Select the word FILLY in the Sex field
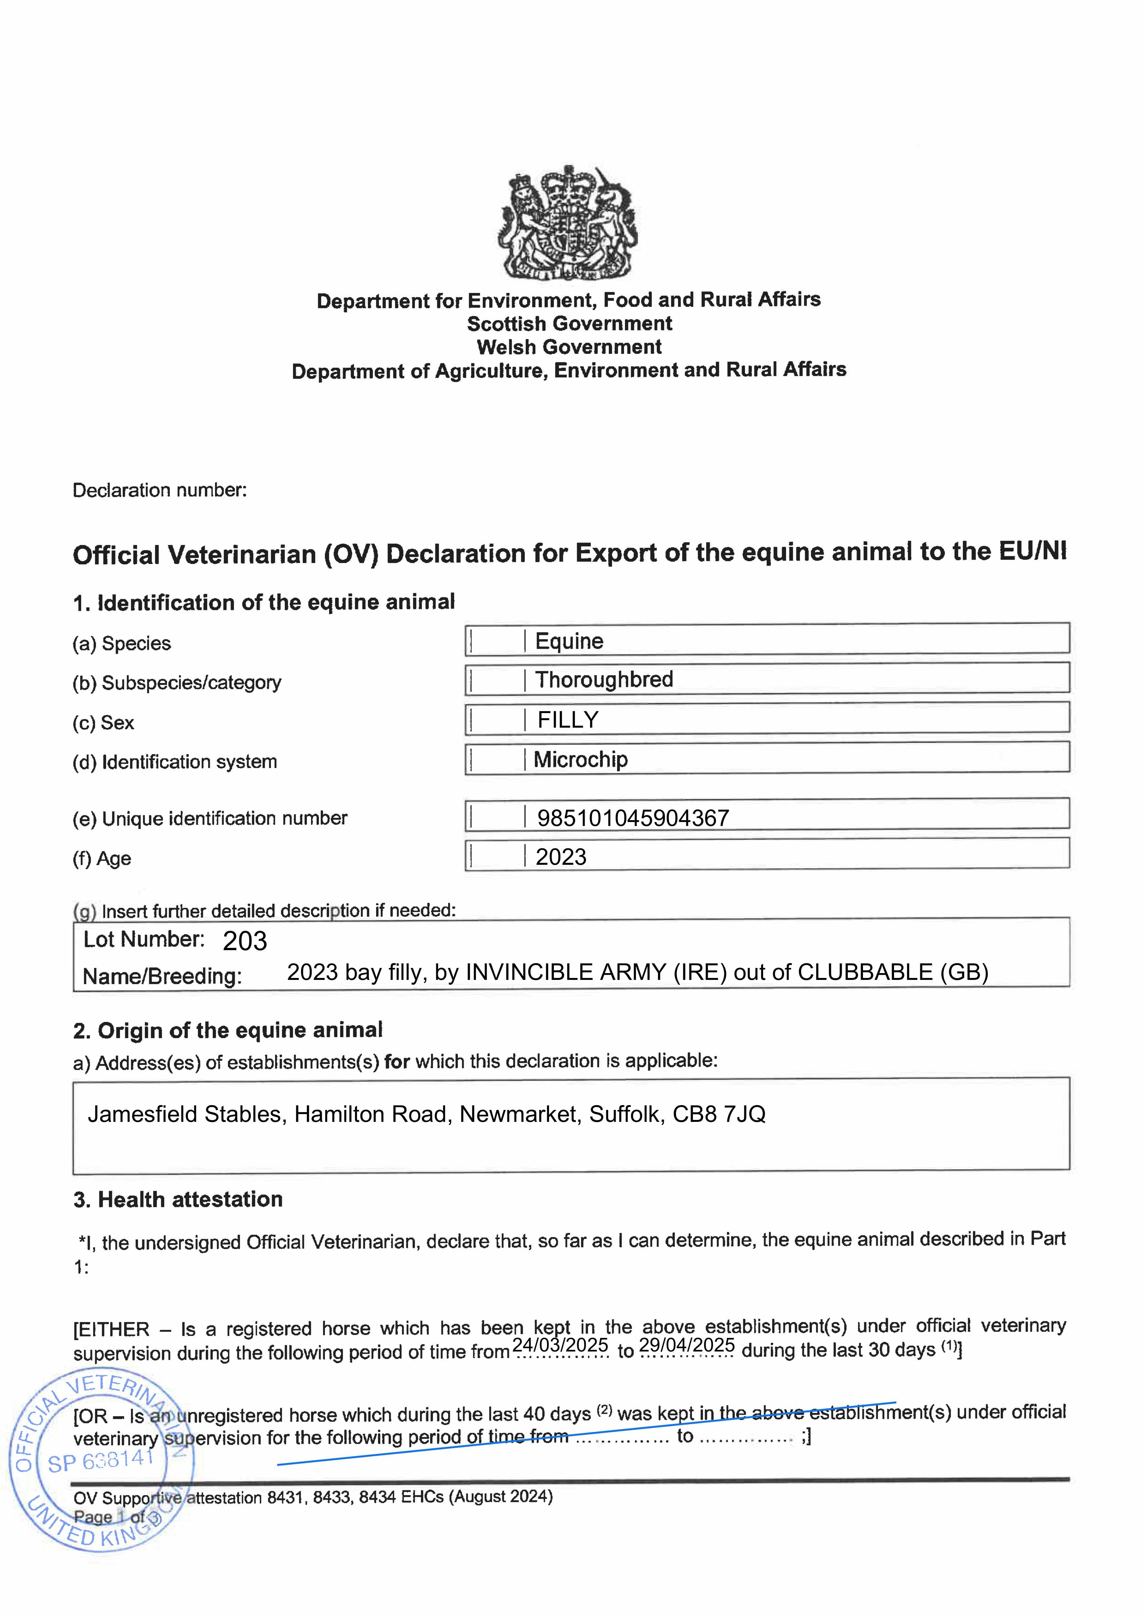[568, 720]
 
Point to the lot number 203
[244, 941]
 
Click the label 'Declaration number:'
[160, 490]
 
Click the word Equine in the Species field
[569, 641]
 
